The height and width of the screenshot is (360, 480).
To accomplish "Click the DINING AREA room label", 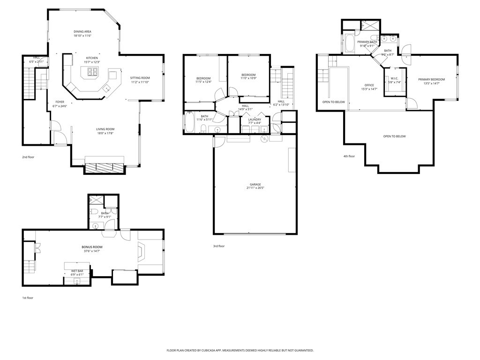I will [x=82, y=31].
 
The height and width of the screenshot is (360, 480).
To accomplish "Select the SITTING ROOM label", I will [x=140, y=78].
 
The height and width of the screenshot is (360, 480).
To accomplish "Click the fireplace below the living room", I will [x=104, y=168].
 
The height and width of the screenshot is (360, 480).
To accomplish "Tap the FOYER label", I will [x=60, y=102].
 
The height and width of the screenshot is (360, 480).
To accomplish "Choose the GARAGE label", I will [x=255, y=184].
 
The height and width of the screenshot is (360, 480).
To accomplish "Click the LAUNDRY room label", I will [x=248, y=119].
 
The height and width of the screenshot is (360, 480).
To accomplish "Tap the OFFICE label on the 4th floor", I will [x=369, y=85].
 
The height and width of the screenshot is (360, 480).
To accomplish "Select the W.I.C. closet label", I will [x=394, y=78].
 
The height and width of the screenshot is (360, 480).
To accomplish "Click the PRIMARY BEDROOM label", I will [x=431, y=79].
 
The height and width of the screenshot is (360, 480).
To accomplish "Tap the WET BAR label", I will [x=77, y=271].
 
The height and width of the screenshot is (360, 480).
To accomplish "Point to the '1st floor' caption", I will [x=28, y=298].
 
